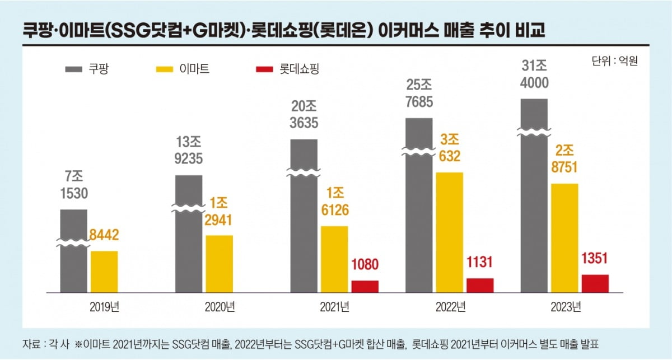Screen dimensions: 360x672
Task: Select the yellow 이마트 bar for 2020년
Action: pyautogui.click(x=220, y=264)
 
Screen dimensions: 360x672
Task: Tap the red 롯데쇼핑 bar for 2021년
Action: pyautogui.click(x=365, y=286)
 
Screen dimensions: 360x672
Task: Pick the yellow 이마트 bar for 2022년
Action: pyautogui.click(x=450, y=232)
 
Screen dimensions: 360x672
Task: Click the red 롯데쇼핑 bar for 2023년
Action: pyautogui.click(x=595, y=283)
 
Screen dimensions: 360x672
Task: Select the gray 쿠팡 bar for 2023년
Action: pyautogui.click(x=534, y=195)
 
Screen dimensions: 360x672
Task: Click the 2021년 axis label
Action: pyautogui.click(x=334, y=307)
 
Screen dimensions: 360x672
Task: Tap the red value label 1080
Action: pyautogui.click(x=365, y=265)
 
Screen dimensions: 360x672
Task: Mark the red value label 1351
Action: pyautogui.click(x=595, y=259)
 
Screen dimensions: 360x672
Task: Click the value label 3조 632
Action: pyautogui.click(x=449, y=148)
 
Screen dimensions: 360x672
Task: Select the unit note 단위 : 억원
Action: pyautogui.click(x=614, y=60)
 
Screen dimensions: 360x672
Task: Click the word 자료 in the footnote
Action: pyautogui.click(x=32, y=343)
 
